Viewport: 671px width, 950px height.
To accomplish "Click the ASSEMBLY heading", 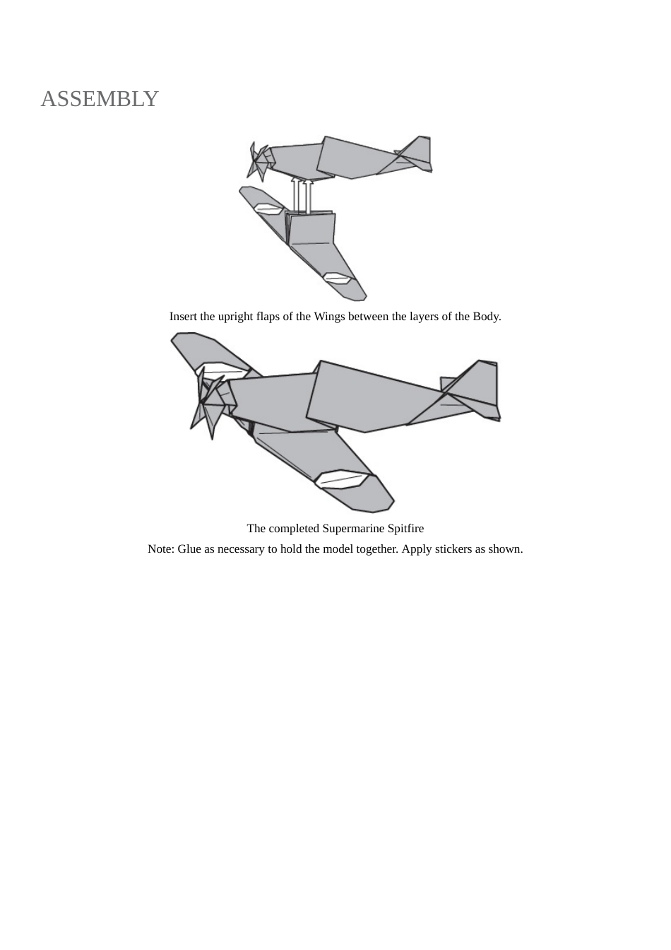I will pos(100,99).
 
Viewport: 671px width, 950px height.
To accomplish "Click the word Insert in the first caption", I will pos(183,317).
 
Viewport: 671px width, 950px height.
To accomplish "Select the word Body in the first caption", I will pos(485,317).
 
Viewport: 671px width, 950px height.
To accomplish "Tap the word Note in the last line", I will pos(160,549).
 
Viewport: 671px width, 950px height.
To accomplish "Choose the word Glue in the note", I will pos(189,549).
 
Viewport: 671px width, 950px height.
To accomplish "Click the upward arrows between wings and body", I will pos(302,194).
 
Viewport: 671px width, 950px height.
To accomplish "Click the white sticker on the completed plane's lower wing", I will pos(342,480).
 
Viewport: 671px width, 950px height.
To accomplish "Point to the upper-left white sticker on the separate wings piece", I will pos(268,209).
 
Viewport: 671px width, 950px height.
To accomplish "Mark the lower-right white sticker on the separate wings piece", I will pos(337,278).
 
